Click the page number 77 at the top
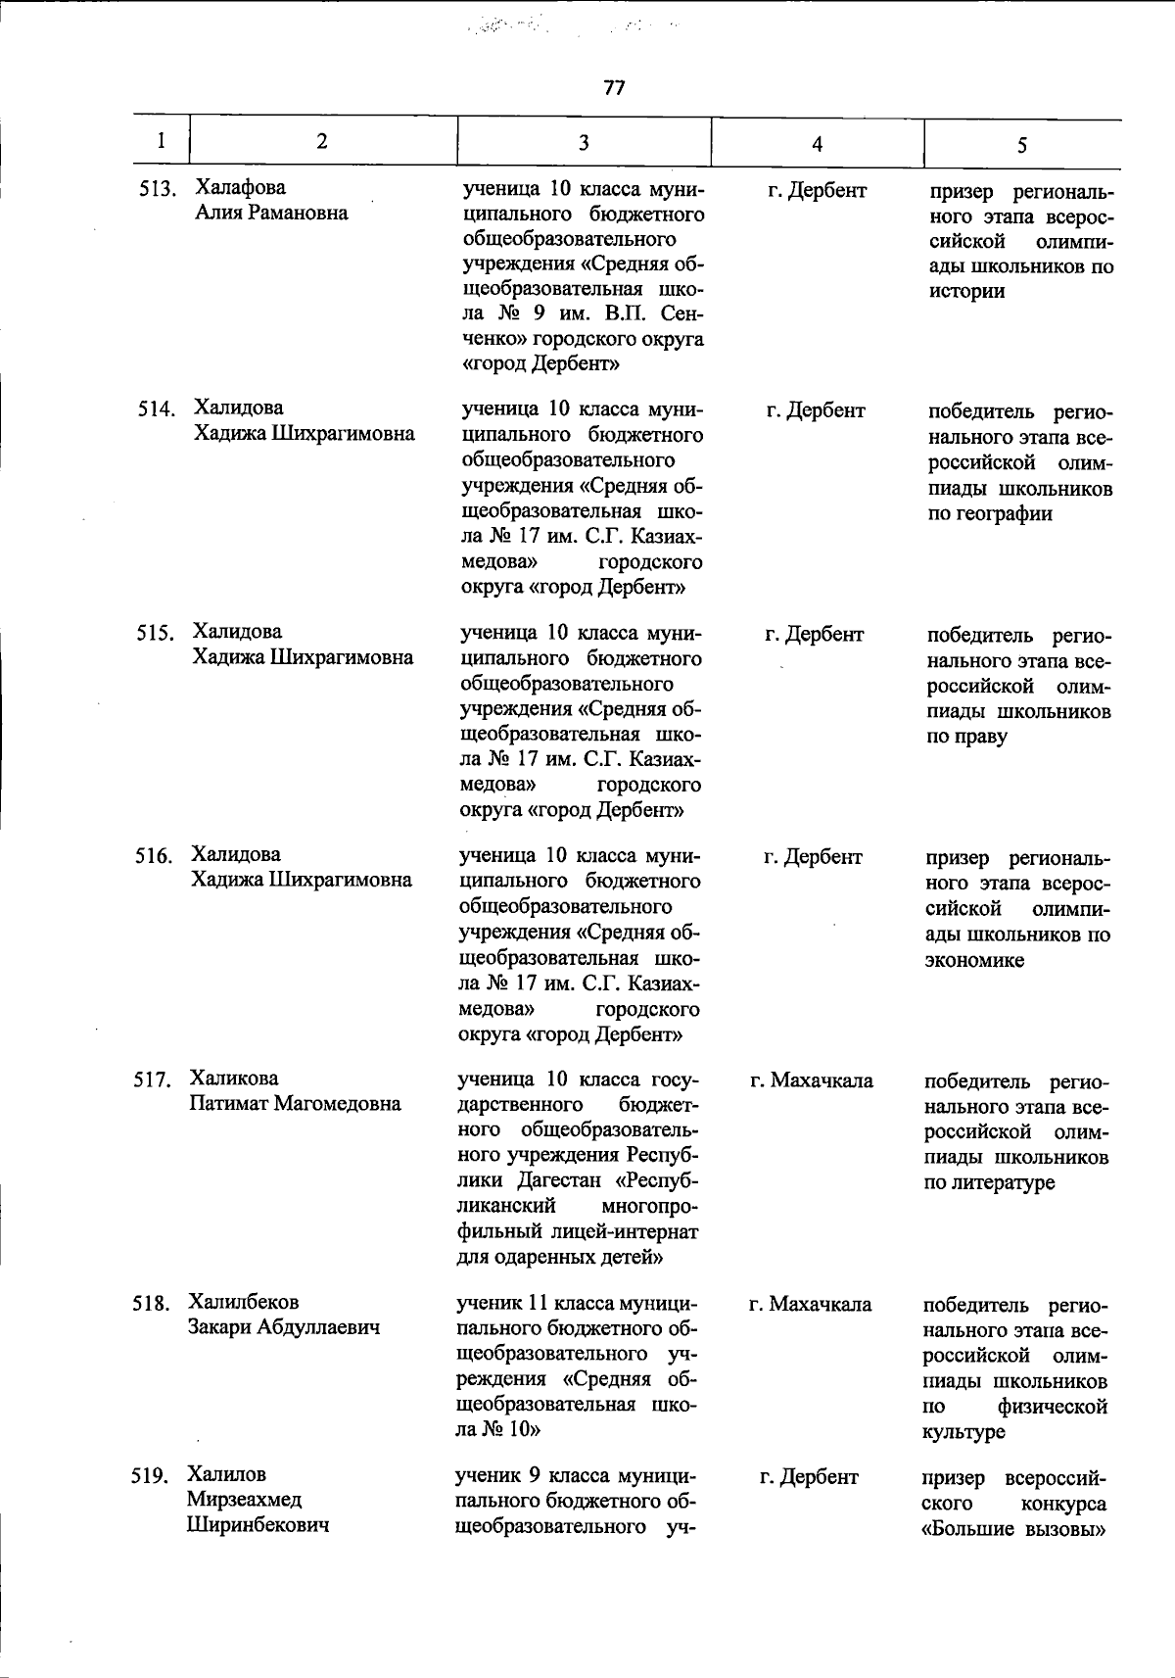click(614, 88)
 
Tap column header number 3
click(584, 143)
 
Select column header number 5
click(1021, 145)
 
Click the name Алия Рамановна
click(271, 213)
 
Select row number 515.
click(155, 634)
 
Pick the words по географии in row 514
click(990, 513)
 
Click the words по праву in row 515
click(966, 737)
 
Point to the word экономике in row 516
click(974, 960)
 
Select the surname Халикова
click(235, 1079)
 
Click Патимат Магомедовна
click(295, 1104)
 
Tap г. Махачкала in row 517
click(812, 1080)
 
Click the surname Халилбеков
click(245, 1302)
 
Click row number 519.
click(151, 1475)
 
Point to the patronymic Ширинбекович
click(258, 1525)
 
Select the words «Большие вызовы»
click(1014, 1528)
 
